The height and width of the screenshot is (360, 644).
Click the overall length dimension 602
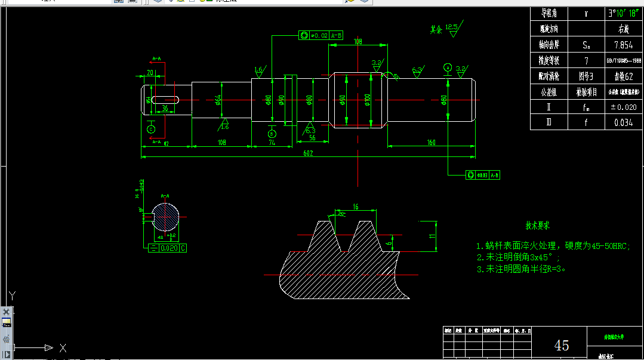(x=308, y=153)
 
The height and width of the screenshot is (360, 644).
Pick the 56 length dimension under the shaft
(x=312, y=137)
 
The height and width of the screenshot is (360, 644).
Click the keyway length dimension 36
(x=164, y=108)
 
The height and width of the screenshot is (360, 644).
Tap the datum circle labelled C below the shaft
(x=151, y=129)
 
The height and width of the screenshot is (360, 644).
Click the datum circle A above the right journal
(x=448, y=67)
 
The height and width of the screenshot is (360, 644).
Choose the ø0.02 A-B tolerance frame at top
(x=321, y=36)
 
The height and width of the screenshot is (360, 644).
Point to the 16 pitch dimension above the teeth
(x=356, y=207)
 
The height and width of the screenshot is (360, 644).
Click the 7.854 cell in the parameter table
(x=623, y=44)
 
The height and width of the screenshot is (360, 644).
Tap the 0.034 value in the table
(x=623, y=122)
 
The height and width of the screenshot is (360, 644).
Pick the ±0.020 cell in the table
(x=623, y=107)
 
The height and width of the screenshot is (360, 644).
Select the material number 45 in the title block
(x=561, y=345)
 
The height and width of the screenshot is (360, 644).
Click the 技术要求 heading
(x=537, y=226)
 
